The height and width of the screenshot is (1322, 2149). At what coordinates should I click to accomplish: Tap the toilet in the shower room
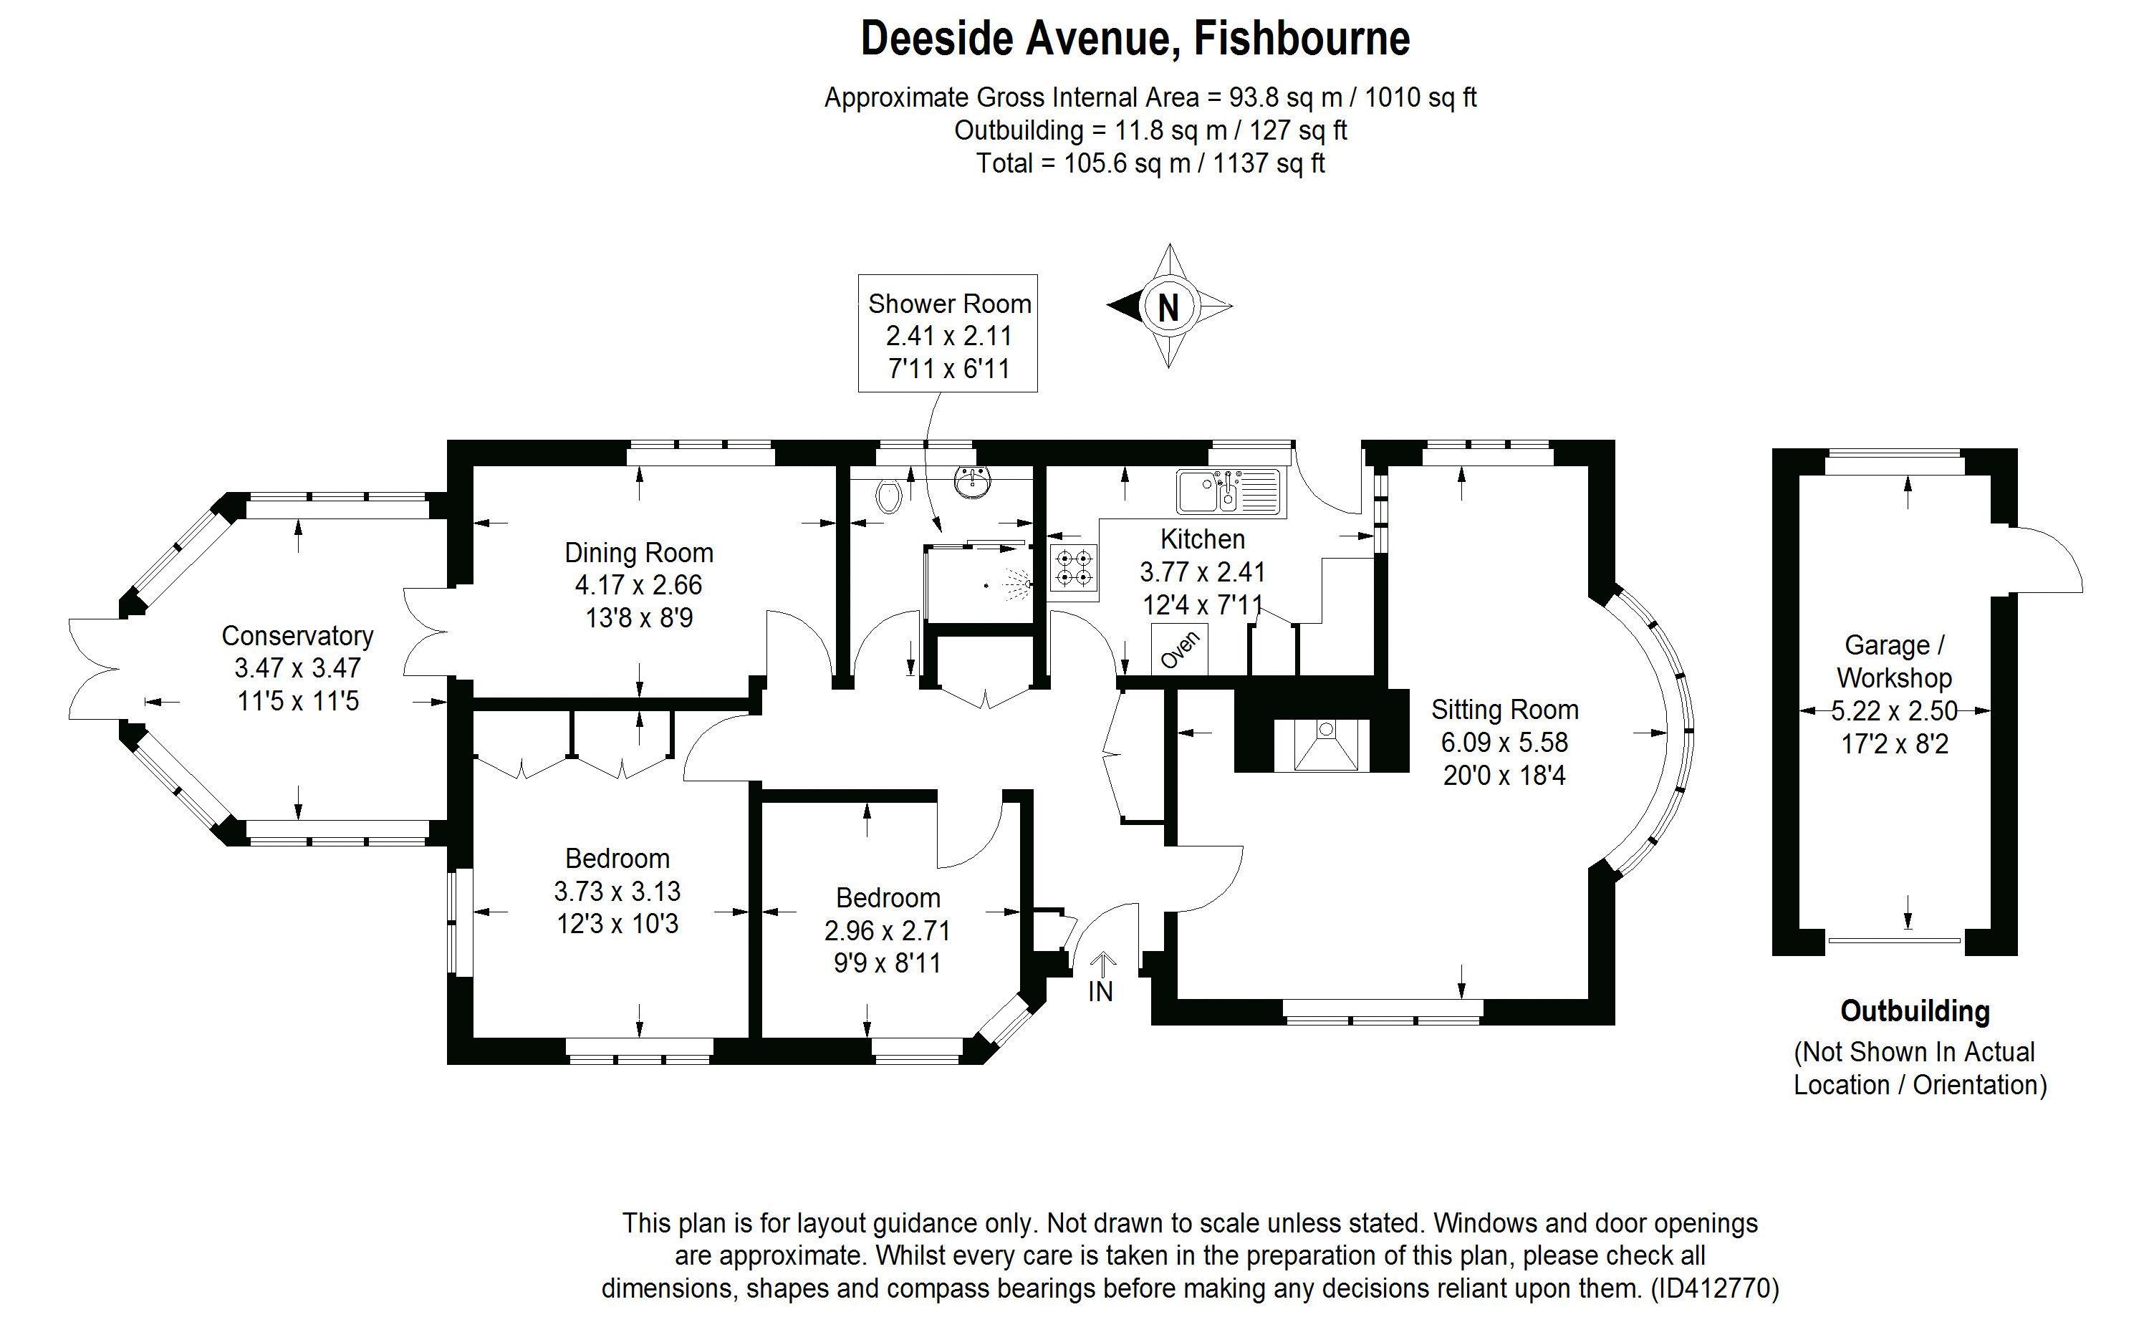pos(888,496)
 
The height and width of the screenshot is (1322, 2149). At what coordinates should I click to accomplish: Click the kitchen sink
pos(1226,491)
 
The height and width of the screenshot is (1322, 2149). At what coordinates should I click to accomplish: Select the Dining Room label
pos(639,553)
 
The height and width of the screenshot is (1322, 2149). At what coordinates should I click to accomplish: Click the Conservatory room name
pos(297,636)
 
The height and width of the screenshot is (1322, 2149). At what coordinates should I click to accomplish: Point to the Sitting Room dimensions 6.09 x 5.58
pos(1504,743)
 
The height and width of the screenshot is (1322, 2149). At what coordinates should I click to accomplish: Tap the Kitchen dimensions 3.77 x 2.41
pos(1202,571)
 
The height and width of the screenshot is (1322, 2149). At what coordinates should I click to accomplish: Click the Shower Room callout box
pos(948,334)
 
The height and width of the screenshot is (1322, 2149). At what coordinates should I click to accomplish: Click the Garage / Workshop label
pos(1894,661)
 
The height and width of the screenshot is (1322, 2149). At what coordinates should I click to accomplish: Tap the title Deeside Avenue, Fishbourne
pos(1135,39)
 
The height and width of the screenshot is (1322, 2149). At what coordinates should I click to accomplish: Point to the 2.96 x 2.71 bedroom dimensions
pos(888,930)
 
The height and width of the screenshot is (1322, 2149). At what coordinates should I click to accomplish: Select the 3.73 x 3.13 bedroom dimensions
pos(617,891)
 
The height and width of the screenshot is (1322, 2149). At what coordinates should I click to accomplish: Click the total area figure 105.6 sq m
pos(1127,163)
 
